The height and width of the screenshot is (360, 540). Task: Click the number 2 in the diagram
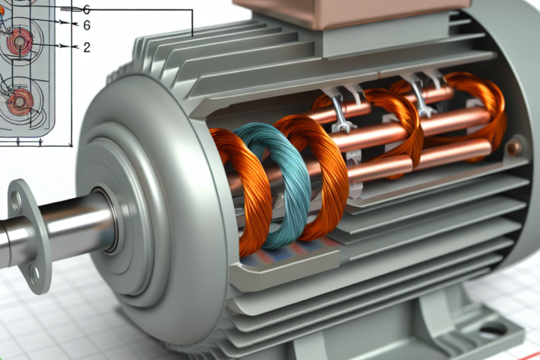tap(87, 46)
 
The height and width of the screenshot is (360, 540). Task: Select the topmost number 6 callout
tap(87, 9)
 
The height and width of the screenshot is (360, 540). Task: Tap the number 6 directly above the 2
tap(87, 25)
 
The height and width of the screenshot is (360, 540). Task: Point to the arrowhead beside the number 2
tap(76, 46)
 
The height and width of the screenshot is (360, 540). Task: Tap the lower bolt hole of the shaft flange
tap(34, 272)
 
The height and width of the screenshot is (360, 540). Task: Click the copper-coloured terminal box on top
tap(352, 13)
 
